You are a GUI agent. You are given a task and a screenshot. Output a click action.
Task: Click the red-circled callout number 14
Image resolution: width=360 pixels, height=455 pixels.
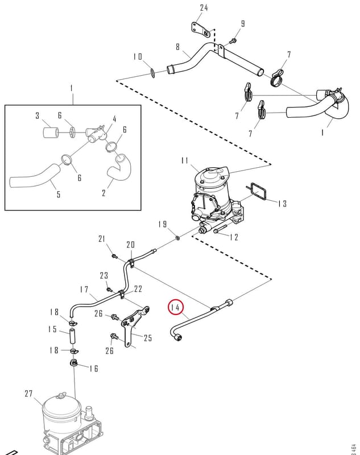(x=176, y=307)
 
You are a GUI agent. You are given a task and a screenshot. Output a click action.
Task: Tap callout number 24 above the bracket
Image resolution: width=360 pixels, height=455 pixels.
(x=204, y=7)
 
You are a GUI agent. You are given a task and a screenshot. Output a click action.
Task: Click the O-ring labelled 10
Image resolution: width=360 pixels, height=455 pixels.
(x=152, y=73)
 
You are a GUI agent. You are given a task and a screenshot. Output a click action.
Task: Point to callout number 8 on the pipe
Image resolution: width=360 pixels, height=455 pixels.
(x=177, y=47)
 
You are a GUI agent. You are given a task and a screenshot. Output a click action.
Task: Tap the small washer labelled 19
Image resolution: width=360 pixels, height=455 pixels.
(x=177, y=238)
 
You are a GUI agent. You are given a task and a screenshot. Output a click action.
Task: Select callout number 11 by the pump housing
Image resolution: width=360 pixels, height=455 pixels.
(x=185, y=161)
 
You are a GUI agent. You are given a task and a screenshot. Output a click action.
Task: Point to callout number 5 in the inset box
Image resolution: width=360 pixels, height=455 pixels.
(x=59, y=194)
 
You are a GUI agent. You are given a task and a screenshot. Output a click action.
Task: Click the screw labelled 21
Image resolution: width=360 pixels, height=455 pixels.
(x=114, y=256)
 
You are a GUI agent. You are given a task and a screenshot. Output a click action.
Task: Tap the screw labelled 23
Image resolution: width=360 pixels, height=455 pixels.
(x=109, y=289)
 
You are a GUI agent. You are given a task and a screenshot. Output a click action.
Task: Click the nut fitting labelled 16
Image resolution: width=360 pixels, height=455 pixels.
(x=75, y=363)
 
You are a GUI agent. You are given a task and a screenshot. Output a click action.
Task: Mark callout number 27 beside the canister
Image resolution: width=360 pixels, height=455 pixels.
(x=28, y=394)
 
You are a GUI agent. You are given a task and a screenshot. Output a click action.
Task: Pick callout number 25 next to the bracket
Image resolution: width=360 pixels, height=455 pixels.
(x=148, y=338)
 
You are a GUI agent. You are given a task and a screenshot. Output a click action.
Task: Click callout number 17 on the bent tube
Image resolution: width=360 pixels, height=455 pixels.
(x=84, y=289)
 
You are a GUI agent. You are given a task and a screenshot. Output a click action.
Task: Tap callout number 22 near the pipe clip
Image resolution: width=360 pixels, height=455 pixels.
(x=138, y=289)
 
